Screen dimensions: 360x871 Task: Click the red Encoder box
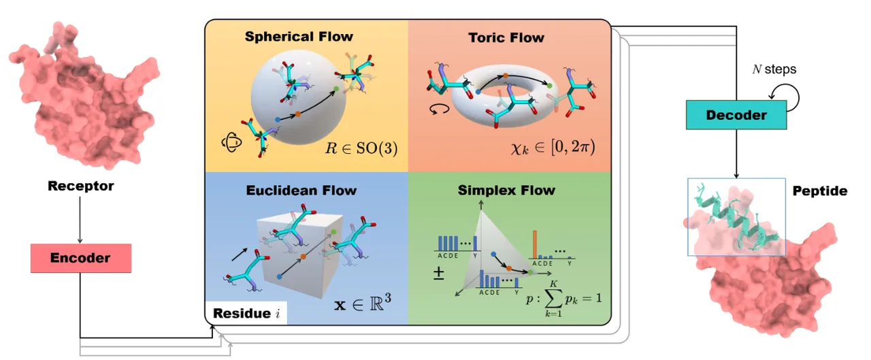point(80,259)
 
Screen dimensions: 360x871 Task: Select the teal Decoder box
point(736,115)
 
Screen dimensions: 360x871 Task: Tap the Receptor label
point(80,186)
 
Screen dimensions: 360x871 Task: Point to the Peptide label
point(820,191)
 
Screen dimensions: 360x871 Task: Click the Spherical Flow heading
point(299,36)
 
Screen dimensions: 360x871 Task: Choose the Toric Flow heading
point(506,37)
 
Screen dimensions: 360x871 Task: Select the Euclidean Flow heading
point(301,191)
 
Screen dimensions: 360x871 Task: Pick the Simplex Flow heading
point(506,191)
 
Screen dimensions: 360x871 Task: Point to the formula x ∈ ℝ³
point(363,301)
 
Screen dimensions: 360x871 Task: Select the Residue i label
point(246,314)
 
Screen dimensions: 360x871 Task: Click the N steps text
point(774,69)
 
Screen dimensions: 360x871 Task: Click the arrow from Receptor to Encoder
point(80,220)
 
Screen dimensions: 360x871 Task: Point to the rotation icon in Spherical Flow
point(231,142)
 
